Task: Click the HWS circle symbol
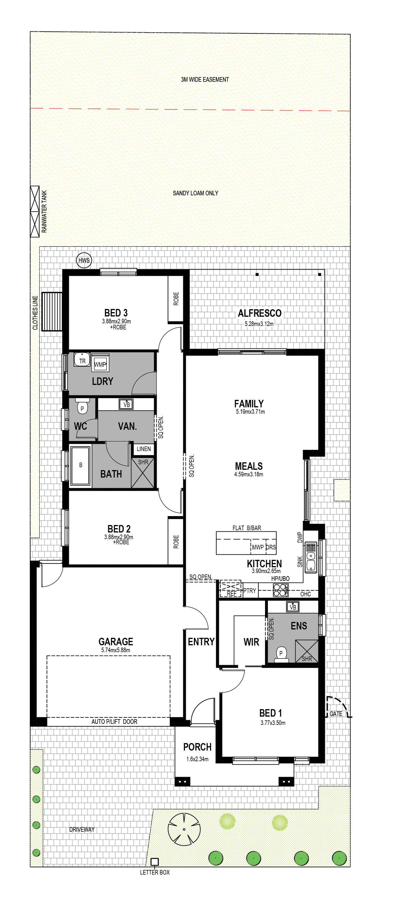(84, 260)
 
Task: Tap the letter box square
(154, 862)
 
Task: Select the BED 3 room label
(116, 313)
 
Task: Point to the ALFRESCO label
(260, 313)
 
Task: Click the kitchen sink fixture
(311, 557)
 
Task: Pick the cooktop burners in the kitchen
(281, 590)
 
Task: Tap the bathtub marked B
(80, 465)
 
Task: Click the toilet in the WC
(82, 406)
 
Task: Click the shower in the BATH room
(143, 473)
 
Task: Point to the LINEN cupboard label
(144, 449)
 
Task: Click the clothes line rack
(52, 311)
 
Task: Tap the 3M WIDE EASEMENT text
(205, 80)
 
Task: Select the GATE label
(336, 714)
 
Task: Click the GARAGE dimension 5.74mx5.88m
(116, 650)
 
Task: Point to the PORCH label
(197, 747)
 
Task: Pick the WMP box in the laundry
(100, 364)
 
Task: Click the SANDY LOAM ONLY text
(195, 193)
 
